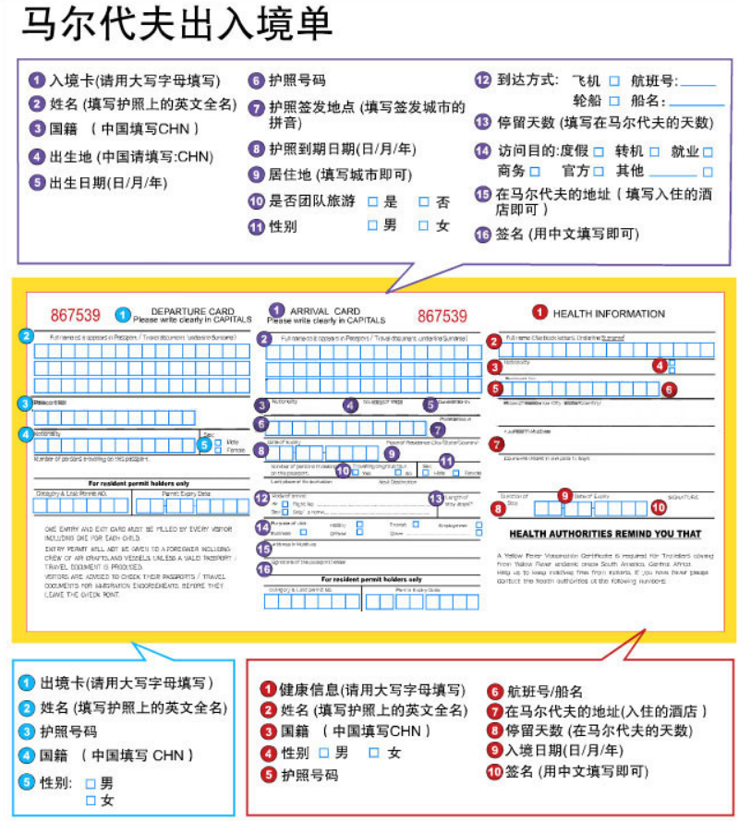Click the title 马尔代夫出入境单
176,26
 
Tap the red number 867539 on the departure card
75,315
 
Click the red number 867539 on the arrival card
442,315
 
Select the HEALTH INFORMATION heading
609,313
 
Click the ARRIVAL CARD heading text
325,311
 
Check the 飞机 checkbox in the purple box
614,81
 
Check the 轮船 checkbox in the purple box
614,101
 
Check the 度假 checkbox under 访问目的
599,151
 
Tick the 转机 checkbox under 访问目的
653,151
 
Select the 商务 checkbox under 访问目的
545,172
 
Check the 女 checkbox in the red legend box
374,753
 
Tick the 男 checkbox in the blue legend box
91,783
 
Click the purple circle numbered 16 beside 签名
482,234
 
